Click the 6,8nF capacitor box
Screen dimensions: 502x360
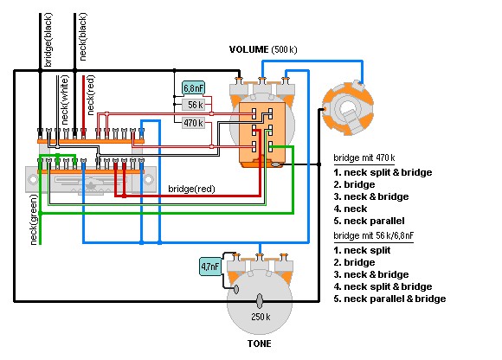tap(193, 87)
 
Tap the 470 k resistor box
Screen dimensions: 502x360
tap(193, 123)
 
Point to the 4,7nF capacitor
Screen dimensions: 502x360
tap(210, 266)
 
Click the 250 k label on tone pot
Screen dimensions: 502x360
tap(261, 317)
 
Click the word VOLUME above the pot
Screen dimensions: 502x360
tap(248, 49)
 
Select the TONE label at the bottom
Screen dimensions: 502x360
tap(260, 344)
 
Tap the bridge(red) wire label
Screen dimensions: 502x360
tap(191, 189)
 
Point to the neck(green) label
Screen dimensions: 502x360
tap(34, 220)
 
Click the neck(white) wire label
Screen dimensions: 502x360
tap(64, 100)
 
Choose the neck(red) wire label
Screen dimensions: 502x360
tap(91, 95)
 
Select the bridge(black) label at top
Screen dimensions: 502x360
tap(48, 40)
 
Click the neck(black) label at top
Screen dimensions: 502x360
tap(82, 37)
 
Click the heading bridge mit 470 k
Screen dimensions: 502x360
tap(364, 157)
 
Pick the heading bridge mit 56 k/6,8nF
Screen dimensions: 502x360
tap(373, 235)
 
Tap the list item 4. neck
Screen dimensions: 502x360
tap(351, 209)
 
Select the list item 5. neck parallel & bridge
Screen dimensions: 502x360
tap(389, 299)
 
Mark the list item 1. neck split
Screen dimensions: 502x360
tap(362, 250)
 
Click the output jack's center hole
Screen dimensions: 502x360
tap(346, 108)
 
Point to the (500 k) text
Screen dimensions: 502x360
tap(284, 49)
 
